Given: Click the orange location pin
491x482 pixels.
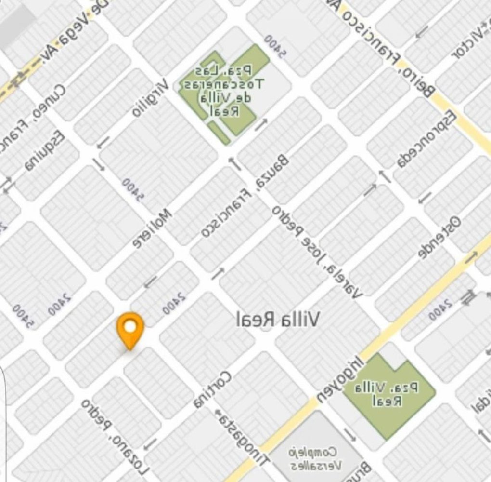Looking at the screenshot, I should click(x=130, y=329).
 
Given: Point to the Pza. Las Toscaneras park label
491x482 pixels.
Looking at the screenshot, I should click(x=223, y=90).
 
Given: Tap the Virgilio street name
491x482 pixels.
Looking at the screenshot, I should click(x=150, y=98).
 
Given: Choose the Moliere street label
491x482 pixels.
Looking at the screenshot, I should click(x=152, y=228).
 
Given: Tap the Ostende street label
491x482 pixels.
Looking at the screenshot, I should click(x=439, y=237).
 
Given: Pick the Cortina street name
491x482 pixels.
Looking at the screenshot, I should click(x=212, y=389).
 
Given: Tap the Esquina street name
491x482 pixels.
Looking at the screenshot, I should click(x=44, y=151).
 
